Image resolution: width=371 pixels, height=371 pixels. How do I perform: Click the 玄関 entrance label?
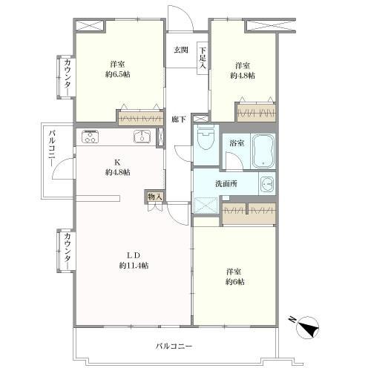click(180, 50)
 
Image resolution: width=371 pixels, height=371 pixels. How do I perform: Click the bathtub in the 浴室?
click(263, 151)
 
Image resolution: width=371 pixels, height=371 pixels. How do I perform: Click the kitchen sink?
click(142, 137)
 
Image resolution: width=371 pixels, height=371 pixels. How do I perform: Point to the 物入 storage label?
click(154, 196)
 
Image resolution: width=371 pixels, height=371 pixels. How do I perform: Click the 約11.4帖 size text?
click(134, 266)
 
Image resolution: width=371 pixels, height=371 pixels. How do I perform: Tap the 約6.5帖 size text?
click(117, 76)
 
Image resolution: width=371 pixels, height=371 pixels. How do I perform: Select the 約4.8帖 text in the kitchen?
click(118, 172)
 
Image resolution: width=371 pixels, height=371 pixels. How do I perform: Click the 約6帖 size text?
click(236, 282)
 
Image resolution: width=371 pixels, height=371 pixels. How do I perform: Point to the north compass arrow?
click(309, 324)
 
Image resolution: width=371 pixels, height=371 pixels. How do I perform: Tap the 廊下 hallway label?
click(178, 119)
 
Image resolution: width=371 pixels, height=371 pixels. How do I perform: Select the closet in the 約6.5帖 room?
click(140, 117)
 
